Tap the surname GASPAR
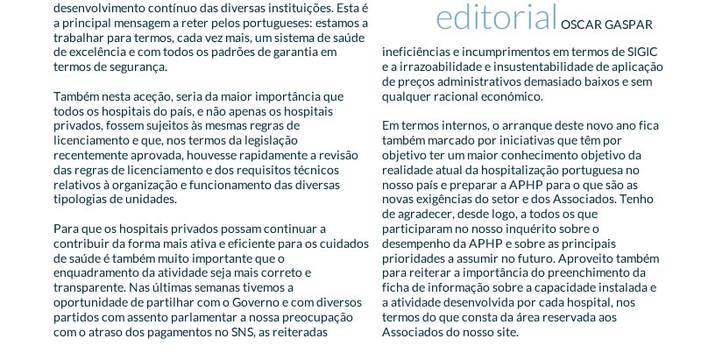pos(628,24)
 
